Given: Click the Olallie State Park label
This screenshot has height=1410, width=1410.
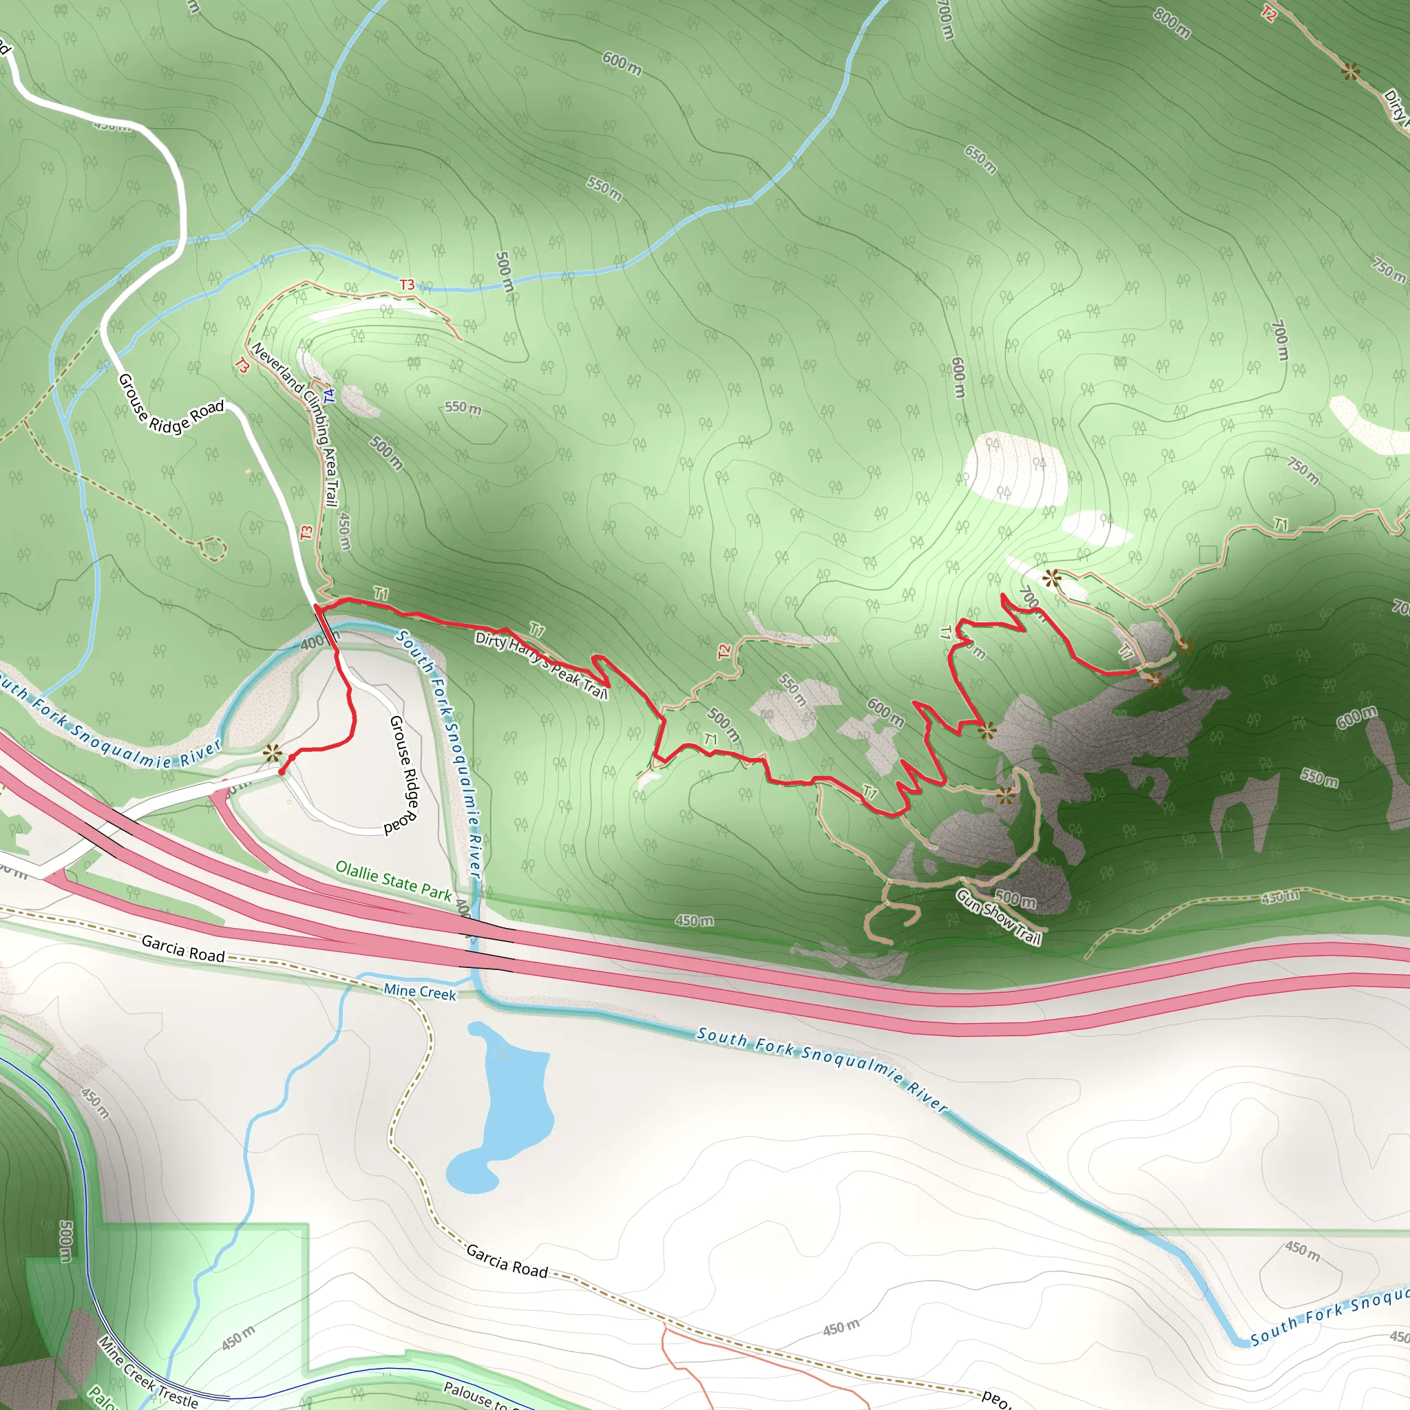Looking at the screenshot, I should pyautogui.click(x=393, y=880).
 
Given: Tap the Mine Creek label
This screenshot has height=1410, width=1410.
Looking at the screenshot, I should pyautogui.click(x=420, y=992).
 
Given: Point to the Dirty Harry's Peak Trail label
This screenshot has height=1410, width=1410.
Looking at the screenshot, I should pyautogui.click(x=540, y=664).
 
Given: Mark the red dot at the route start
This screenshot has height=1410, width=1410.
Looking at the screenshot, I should pyautogui.click(x=282, y=771).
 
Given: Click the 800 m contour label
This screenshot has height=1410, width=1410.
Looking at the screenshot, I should pyautogui.click(x=1172, y=23).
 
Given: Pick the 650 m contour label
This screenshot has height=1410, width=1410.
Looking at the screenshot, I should pyautogui.click(x=980, y=159).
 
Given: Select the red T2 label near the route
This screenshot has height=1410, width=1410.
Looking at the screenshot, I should pyautogui.click(x=724, y=651).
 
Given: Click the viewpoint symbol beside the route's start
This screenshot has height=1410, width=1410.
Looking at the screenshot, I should pyautogui.click(x=273, y=753).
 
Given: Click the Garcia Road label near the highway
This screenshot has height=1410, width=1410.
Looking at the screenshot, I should pyautogui.click(x=182, y=949).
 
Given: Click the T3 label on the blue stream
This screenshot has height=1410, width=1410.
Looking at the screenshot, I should pyautogui.click(x=406, y=284).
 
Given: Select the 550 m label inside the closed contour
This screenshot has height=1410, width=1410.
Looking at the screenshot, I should pyautogui.click(x=463, y=408).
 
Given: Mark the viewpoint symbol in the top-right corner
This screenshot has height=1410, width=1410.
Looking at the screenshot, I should pyautogui.click(x=1351, y=72).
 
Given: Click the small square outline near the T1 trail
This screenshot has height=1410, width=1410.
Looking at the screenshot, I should pyautogui.click(x=1208, y=554).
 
